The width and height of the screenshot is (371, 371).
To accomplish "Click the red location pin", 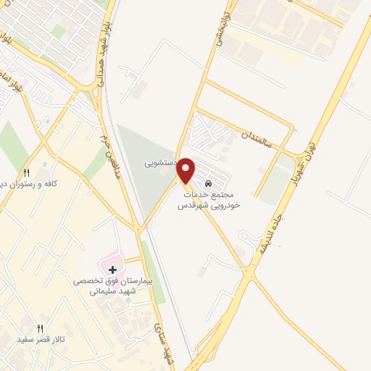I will pyautogui.click(x=186, y=170).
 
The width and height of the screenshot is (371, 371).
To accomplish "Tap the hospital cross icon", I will pyautogui.click(x=112, y=270).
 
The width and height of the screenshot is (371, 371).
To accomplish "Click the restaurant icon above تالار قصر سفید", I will pyautogui.click(x=41, y=328).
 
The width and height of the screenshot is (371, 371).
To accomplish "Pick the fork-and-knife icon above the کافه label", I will pyautogui.click(x=27, y=172).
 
